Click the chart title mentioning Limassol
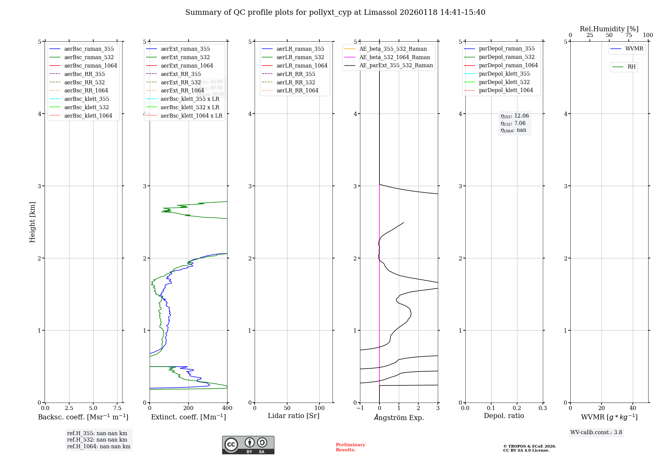tap(335, 12)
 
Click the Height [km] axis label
tap(32, 222)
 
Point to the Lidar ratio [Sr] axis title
tap(294, 416)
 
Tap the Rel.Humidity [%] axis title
tap(609, 29)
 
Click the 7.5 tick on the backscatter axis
tap(117, 408)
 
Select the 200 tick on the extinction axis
tap(189, 408)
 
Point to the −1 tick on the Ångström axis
tap(360, 408)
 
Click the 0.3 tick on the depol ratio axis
tap(543, 408)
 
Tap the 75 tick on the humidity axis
tap(628, 35)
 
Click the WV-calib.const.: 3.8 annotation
tap(596, 432)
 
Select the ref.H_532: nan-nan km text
tap(97, 440)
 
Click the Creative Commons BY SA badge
tap(248, 445)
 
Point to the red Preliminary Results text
tap(350, 447)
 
